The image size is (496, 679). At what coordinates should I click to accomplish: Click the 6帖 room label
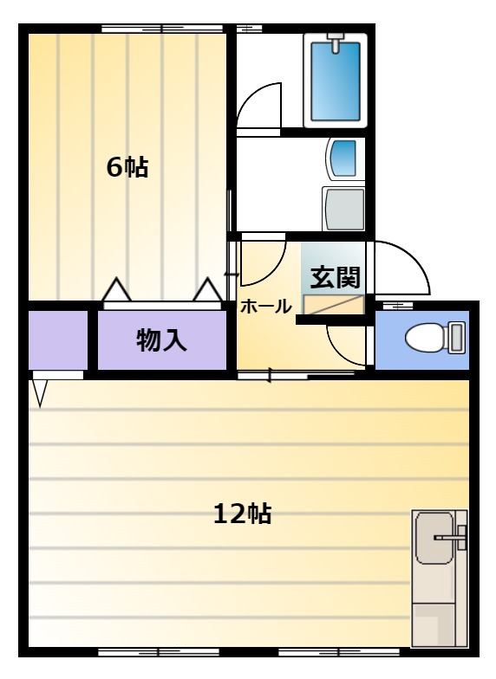click(127, 167)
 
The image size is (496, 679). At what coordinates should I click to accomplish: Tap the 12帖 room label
click(243, 514)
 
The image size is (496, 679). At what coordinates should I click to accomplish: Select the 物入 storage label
click(161, 339)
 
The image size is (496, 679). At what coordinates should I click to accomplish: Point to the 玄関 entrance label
click(335, 277)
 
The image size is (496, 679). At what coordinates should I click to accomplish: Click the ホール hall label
click(265, 307)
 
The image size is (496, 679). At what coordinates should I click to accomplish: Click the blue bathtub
click(335, 81)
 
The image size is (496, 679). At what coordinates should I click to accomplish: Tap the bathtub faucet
click(335, 43)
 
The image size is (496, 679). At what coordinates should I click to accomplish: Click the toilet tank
click(456, 337)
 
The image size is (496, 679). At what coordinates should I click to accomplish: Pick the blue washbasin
click(343, 158)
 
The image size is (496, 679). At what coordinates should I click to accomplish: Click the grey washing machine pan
click(343, 210)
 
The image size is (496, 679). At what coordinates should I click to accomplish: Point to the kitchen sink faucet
click(451, 537)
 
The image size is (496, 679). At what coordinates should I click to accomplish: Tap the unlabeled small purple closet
click(58, 339)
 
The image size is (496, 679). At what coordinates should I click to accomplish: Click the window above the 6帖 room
click(162, 29)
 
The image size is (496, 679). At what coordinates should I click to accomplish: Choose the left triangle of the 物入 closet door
click(116, 289)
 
